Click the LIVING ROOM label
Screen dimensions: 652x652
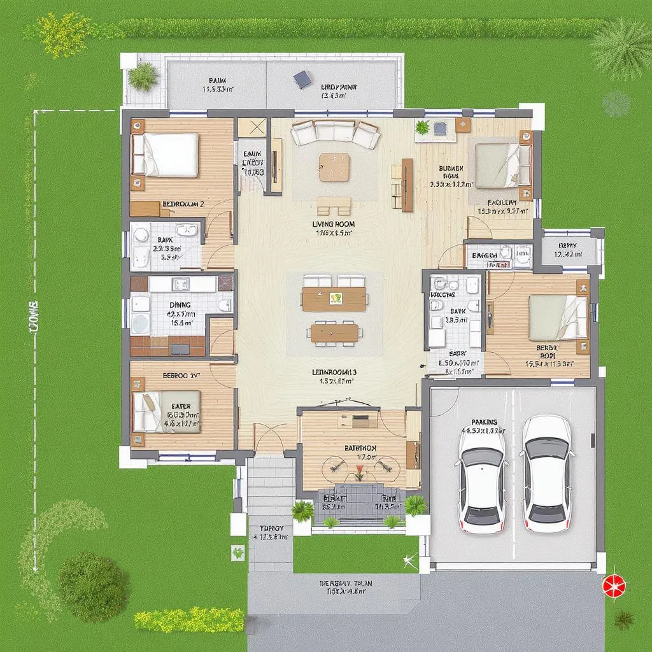click(333, 224)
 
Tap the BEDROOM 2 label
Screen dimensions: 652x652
click(183, 204)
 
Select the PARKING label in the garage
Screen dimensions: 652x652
click(484, 422)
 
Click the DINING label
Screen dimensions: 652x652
click(180, 305)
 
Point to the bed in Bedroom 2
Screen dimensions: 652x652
click(166, 155)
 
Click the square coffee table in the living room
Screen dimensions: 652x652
click(334, 167)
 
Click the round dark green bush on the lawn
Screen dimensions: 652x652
click(93, 586)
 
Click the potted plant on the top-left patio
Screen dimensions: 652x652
click(143, 76)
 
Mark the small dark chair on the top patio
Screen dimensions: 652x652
click(302, 79)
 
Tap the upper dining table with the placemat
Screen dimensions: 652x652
click(334, 298)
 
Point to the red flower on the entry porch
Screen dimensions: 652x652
click(360, 472)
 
